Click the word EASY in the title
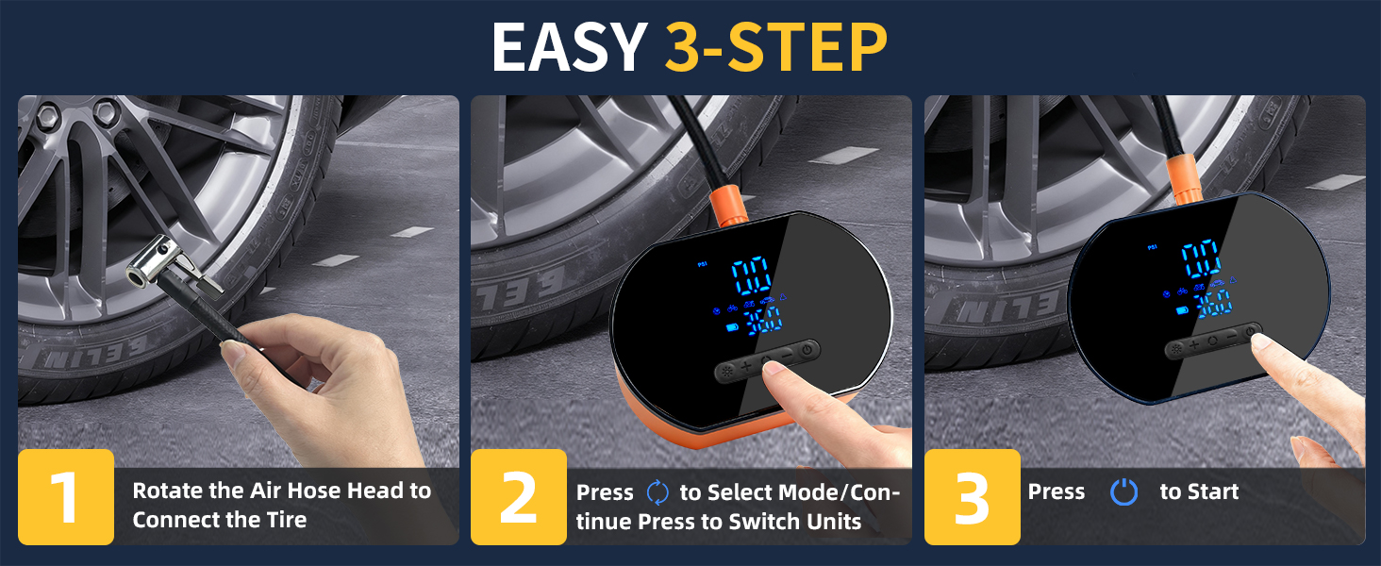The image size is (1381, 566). coord(569,47)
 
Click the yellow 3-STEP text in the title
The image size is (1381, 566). coord(776,47)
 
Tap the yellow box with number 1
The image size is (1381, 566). coord(66,497)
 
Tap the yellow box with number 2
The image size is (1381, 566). coord(519,497)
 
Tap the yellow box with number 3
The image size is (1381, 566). coord(973,497)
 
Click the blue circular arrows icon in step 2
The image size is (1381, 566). coord(657,492)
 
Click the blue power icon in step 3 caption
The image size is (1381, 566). coord(1123,492)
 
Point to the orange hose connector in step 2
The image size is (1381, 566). coord(729,206)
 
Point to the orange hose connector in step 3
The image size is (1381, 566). coord(1185,179)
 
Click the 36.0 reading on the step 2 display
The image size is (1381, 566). coord(762,322)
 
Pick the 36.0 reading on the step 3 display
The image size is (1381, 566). coord(1213,304)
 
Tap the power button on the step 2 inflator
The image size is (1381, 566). coord(807,351)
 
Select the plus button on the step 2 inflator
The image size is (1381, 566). coord(746,366)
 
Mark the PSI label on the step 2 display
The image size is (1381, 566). coord(702,264)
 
